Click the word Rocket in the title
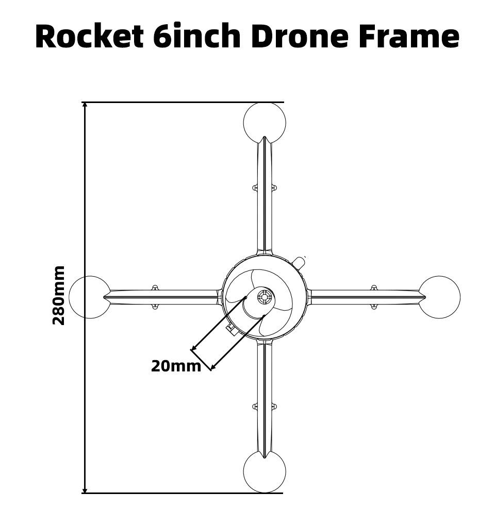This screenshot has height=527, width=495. (x=90, y=36)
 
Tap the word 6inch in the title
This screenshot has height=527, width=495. (x=197, y=36)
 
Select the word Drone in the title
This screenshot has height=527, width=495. (x=300, y=36)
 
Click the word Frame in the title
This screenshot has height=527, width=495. (x=409, y=36)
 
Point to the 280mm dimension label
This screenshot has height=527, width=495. (x=59, y=295)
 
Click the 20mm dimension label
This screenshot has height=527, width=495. (x=176, y=366)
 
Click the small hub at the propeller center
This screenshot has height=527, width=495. (x=265, y=297)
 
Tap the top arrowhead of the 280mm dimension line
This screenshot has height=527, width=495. (x=85, y=105)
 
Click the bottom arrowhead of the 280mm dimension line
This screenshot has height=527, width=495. (x=85, y=490)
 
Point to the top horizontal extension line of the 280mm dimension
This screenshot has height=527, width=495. (x=183, y=102)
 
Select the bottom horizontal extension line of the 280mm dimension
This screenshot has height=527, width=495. (x=183, y=493)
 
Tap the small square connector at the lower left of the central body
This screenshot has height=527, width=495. (x=231, y=329)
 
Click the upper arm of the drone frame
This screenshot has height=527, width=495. (x=265, y=195)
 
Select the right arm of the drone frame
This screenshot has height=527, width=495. (x=367, y=297)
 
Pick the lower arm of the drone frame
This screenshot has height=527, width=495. (x=265, y=399)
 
